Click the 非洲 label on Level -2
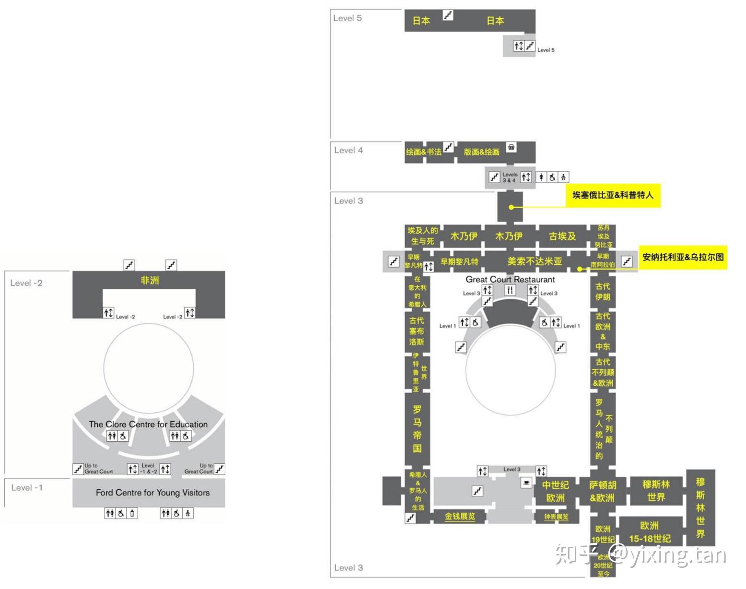pyautogui.click(x=149, y=280)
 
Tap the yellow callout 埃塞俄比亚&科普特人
pyautogui.click(x=613, y=195)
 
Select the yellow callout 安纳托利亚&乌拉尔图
pyautogui.click(x=683, y=257)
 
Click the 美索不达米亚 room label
pyautogui.click(x=535, y=261)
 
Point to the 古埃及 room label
pyautogui.click(x=562, y=236)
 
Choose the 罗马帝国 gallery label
pyautogui.click(x=417, y=429)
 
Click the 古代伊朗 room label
pyautogui.click(x=603, y=292)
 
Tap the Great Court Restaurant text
pyautogui.click(x=510, y=279)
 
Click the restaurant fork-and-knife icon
pyautogui.click(x=510, y=290)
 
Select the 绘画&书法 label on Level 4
pyautogui.click(x=423, y=152)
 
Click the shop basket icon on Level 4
pyautogui.click(x=512, y=147)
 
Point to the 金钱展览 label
pyautogui.click(x=459, y=517)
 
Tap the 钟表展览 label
pyautogui.click(x=556, y=517)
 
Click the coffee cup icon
pyautogui.click(x=526, y=483)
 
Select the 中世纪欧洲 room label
pyautogui.click(x=555, y=492)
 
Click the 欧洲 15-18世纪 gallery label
pyautogui.click(x=650, y=532)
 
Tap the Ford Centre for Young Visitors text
pyautogui.click(x=152, y=493)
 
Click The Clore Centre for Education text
pyautogui.click(x=148, y=424)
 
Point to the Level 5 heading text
pyautogui.click(x=348, y=18)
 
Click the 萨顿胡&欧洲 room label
pyautogui.click(x=602, y=492)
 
